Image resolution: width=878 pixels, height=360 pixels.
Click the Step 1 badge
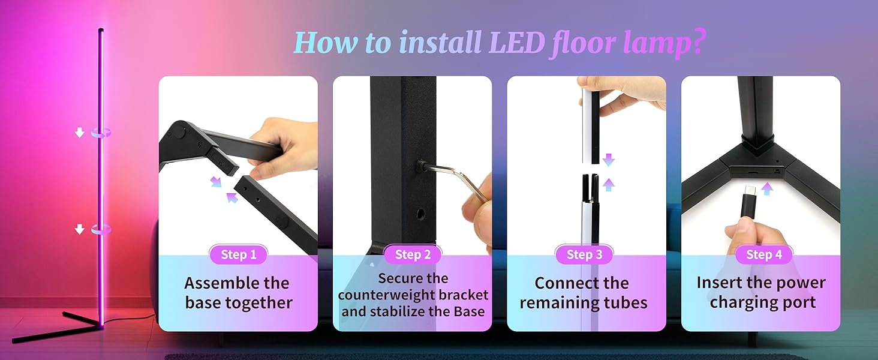coord(238,254)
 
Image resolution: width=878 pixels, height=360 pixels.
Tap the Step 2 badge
coord(413,254)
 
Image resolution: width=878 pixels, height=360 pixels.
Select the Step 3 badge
coord(584,254)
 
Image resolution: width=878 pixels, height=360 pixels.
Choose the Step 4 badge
coord(763,254)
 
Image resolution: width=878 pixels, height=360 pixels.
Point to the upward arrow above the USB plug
coord(766,188)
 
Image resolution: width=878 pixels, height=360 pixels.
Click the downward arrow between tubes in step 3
coord(608,160)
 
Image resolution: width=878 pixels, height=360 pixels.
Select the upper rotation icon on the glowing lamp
coord(101,133)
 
